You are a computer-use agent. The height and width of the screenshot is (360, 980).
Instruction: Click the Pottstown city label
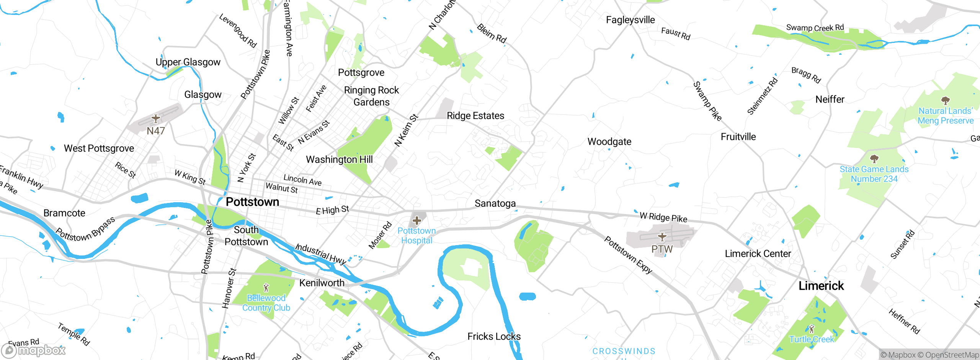pos(252,202)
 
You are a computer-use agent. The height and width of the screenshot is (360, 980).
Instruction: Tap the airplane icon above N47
pos(155,118)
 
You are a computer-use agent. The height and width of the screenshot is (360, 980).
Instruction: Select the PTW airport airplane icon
pos(662,236)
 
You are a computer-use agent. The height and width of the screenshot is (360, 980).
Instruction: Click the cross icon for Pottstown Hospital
pos(417,221)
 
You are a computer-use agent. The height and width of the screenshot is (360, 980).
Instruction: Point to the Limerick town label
pos(821,286)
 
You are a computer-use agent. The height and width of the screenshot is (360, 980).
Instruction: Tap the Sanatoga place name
pos(495,203)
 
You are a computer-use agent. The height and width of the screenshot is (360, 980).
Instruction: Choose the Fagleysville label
pos(630,20)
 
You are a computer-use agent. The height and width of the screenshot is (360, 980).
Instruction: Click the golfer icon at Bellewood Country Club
pos(266,287)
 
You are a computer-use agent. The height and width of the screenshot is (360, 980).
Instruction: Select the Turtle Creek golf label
pos(811,339)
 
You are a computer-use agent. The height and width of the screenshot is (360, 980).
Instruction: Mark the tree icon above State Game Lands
pos(874,158)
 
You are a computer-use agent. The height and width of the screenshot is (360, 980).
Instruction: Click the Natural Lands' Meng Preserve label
pos(945,116)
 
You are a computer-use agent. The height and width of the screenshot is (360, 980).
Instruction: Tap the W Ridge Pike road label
pos(663,218)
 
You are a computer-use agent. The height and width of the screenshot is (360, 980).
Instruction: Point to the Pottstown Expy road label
pos(628,255)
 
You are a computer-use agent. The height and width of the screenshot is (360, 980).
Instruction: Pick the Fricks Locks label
pos(494,336)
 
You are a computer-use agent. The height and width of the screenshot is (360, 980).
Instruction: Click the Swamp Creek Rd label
pos(815,28)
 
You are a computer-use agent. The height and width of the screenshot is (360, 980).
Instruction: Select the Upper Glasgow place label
pos(188,62)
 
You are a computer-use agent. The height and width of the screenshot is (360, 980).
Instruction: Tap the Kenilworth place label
pos(322,283)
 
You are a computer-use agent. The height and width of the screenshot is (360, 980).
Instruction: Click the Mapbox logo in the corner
pos(34,350)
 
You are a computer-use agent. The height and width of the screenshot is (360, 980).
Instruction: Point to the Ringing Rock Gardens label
pos(371,96)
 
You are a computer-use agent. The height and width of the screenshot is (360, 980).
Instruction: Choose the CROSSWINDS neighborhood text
pos(624,351)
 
